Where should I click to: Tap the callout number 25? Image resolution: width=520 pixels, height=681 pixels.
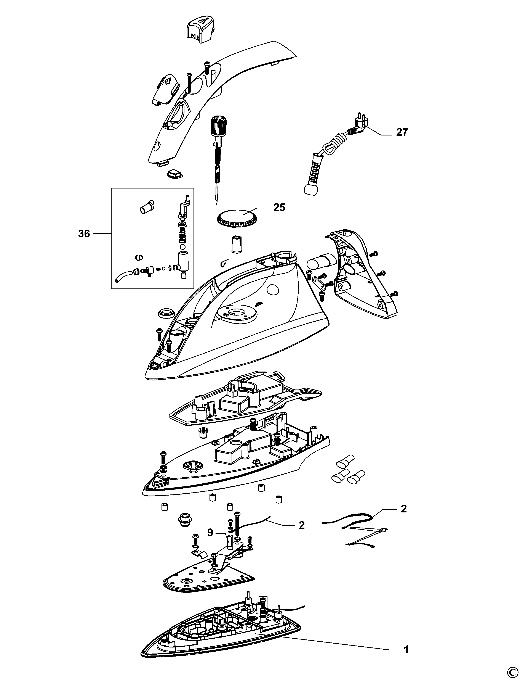[279, 207]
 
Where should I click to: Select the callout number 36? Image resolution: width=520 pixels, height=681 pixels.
[84, 234]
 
